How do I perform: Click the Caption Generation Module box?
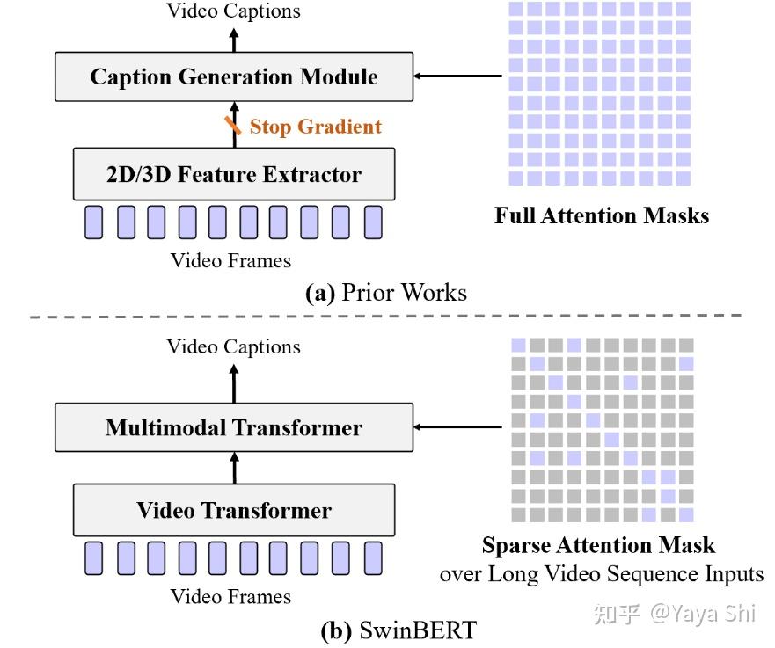[x=233, y=76]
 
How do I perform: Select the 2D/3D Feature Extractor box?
[x=233, y=174]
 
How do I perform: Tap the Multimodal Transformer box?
[x=233, y=428]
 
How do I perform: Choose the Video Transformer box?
[x=233, y=511]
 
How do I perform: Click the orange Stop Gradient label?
[x=315, y=127]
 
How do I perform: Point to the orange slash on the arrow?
[x=232, y=126]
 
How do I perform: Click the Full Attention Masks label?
[x=601, y=215]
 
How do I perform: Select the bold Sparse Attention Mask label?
[x=598, y=545]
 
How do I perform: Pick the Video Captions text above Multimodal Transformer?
[x=233, y=347]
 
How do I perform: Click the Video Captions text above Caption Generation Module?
[x=233, y=11]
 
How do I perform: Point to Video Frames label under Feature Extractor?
[x=230, y=260]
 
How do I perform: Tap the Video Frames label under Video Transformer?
[x=230, y=597]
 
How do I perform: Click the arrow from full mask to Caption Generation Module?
[x=457, y=76]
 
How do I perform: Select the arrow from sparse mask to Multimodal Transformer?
[x=457, y=428]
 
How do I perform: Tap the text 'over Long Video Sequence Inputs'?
[x=602, y=574]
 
